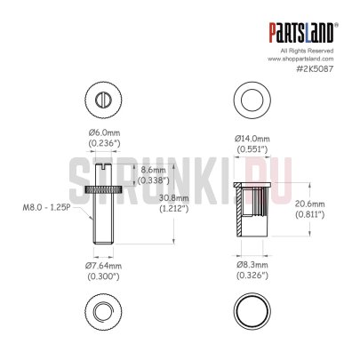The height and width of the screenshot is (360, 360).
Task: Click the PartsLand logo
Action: (302, 34)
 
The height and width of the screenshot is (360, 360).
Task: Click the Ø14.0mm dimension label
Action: (252, 139)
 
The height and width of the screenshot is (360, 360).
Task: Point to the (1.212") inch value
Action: (172, 210)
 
